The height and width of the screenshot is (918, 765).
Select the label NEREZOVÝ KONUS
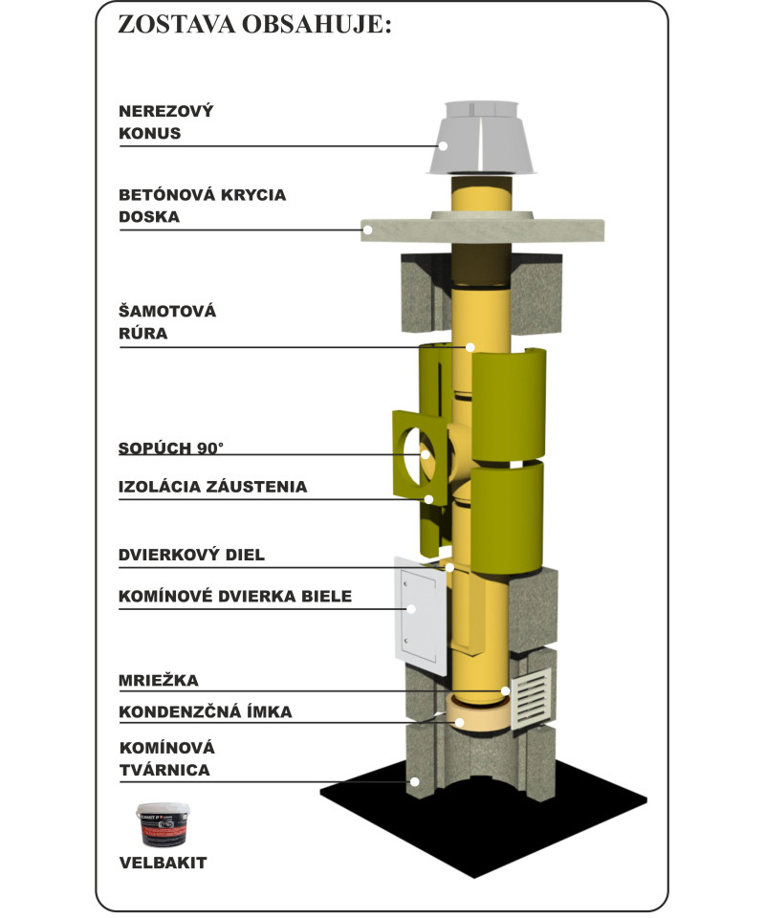165,122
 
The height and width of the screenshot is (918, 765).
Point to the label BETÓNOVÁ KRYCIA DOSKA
202,206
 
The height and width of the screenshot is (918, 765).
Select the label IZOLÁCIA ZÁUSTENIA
212,487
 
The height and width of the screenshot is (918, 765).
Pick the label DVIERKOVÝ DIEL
191,555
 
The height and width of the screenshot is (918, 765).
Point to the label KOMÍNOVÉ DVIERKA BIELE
235,597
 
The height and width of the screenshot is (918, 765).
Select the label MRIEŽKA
158,681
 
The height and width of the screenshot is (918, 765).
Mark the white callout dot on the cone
444,145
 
